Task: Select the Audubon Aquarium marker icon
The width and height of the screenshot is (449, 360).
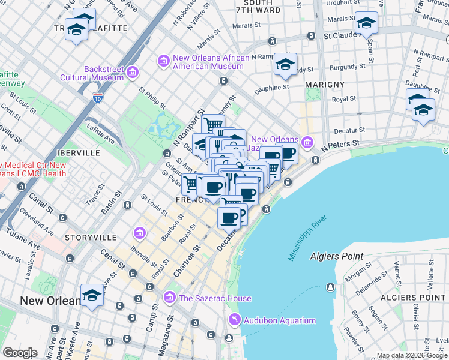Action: click(x=234, y=320)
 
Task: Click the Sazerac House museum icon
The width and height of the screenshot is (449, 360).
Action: click(x=170, y=298)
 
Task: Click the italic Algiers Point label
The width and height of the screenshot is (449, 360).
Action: click(x=336, y=256)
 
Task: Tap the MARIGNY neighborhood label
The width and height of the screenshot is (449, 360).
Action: click(x=324, y=84)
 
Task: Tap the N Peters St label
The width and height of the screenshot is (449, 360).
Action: click(x=340, y=145)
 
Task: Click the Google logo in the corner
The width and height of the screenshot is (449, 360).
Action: click(x=20, y=353)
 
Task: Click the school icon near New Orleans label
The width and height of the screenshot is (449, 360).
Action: click(x=92, y=296)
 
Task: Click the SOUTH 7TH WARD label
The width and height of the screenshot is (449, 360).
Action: click(x=258, y=7)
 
